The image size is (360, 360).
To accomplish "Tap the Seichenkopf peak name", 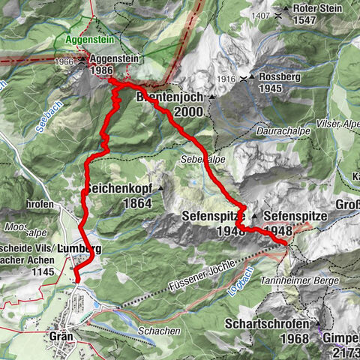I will [122, 188].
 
